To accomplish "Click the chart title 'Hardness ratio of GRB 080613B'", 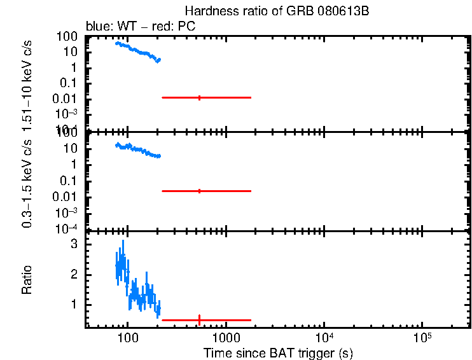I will tap(277, 11).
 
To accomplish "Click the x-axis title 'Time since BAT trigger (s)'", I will tap(278, 352).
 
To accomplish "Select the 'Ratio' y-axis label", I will tap(27, 280).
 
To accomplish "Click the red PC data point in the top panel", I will tap(200, 97).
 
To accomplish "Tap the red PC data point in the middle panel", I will tap(200, 191).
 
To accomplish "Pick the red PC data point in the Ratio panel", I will tap(200, 320).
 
